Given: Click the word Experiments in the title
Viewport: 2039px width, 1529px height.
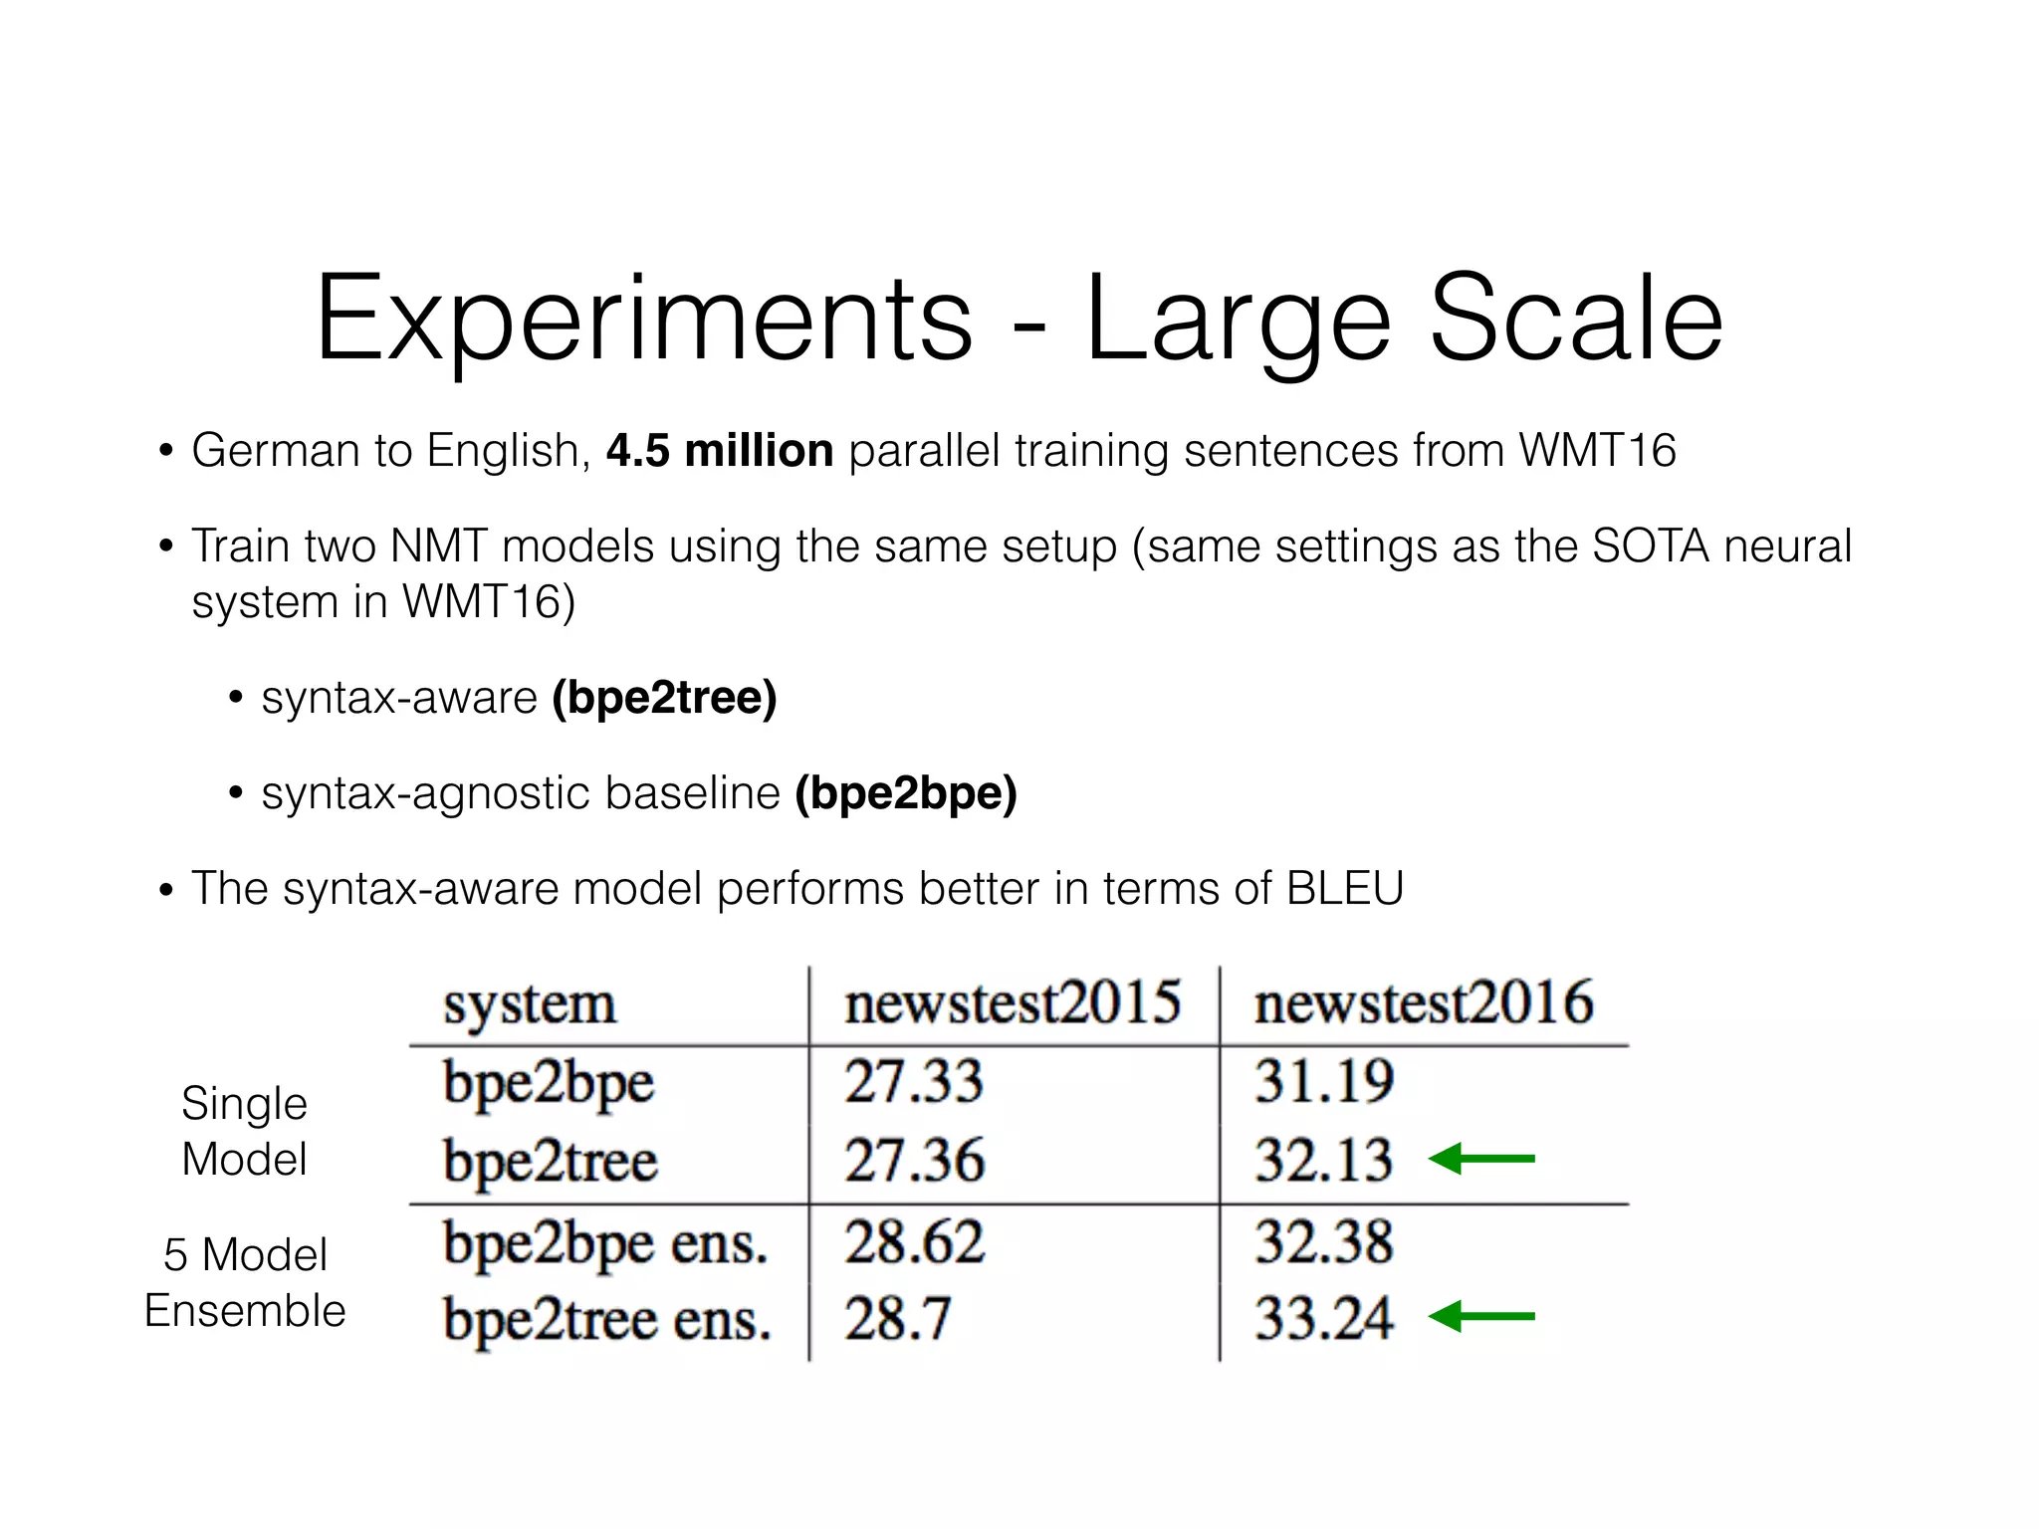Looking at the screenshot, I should click(643, 321).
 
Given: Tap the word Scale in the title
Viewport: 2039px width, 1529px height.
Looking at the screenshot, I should click(1575, 321).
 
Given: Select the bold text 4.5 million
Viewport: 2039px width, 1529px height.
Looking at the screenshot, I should click(719, 451).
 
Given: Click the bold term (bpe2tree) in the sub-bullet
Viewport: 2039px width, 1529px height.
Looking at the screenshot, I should click(664, 698).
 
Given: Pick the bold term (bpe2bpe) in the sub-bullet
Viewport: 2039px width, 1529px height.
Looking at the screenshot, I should click(905, 793).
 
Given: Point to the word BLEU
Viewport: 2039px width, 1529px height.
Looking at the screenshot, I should click(1344, 888).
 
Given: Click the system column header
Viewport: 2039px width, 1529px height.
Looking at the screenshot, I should click(530, 1003).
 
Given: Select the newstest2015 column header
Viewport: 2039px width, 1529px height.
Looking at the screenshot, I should click(1013, 1002).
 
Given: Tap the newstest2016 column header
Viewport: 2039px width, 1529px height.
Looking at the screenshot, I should click(1424, 1002).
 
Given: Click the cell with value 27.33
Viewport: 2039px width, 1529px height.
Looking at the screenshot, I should click(914, 1082).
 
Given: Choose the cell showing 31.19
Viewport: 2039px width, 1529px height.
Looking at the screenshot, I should click(1323, 1082).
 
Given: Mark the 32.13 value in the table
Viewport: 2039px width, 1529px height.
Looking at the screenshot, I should click(1323, 1161).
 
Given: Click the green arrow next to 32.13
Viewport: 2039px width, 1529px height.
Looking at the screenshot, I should click(1481, 1159).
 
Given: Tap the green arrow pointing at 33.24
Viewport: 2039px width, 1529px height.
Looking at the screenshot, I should click(1481, 1316).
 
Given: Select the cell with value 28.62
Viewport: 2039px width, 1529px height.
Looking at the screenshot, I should click(914, 1242).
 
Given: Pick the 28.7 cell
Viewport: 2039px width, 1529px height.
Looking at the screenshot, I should click(898, 1319).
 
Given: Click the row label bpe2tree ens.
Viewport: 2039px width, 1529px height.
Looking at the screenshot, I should click(606, 1321).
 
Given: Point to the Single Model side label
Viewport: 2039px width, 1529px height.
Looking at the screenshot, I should click(244, 1132).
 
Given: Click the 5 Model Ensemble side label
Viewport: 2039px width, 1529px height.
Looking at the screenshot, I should click(245, 1283).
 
